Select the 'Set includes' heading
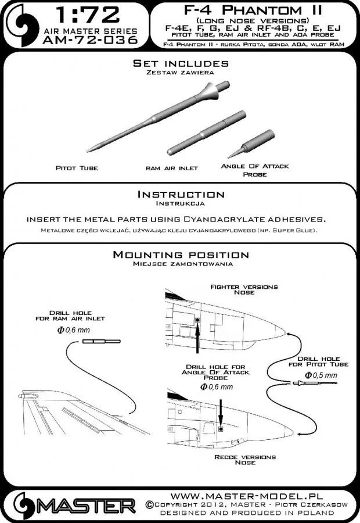click(x=180, y=63)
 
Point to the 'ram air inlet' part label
click(x=171, y=167)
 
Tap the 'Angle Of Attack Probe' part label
click(x=255, y=170)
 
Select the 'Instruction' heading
click(x=180, y=194)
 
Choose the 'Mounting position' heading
click(x=180, y=255)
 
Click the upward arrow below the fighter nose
click(x=199, y=338)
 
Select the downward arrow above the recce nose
click(x=221, y=407)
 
